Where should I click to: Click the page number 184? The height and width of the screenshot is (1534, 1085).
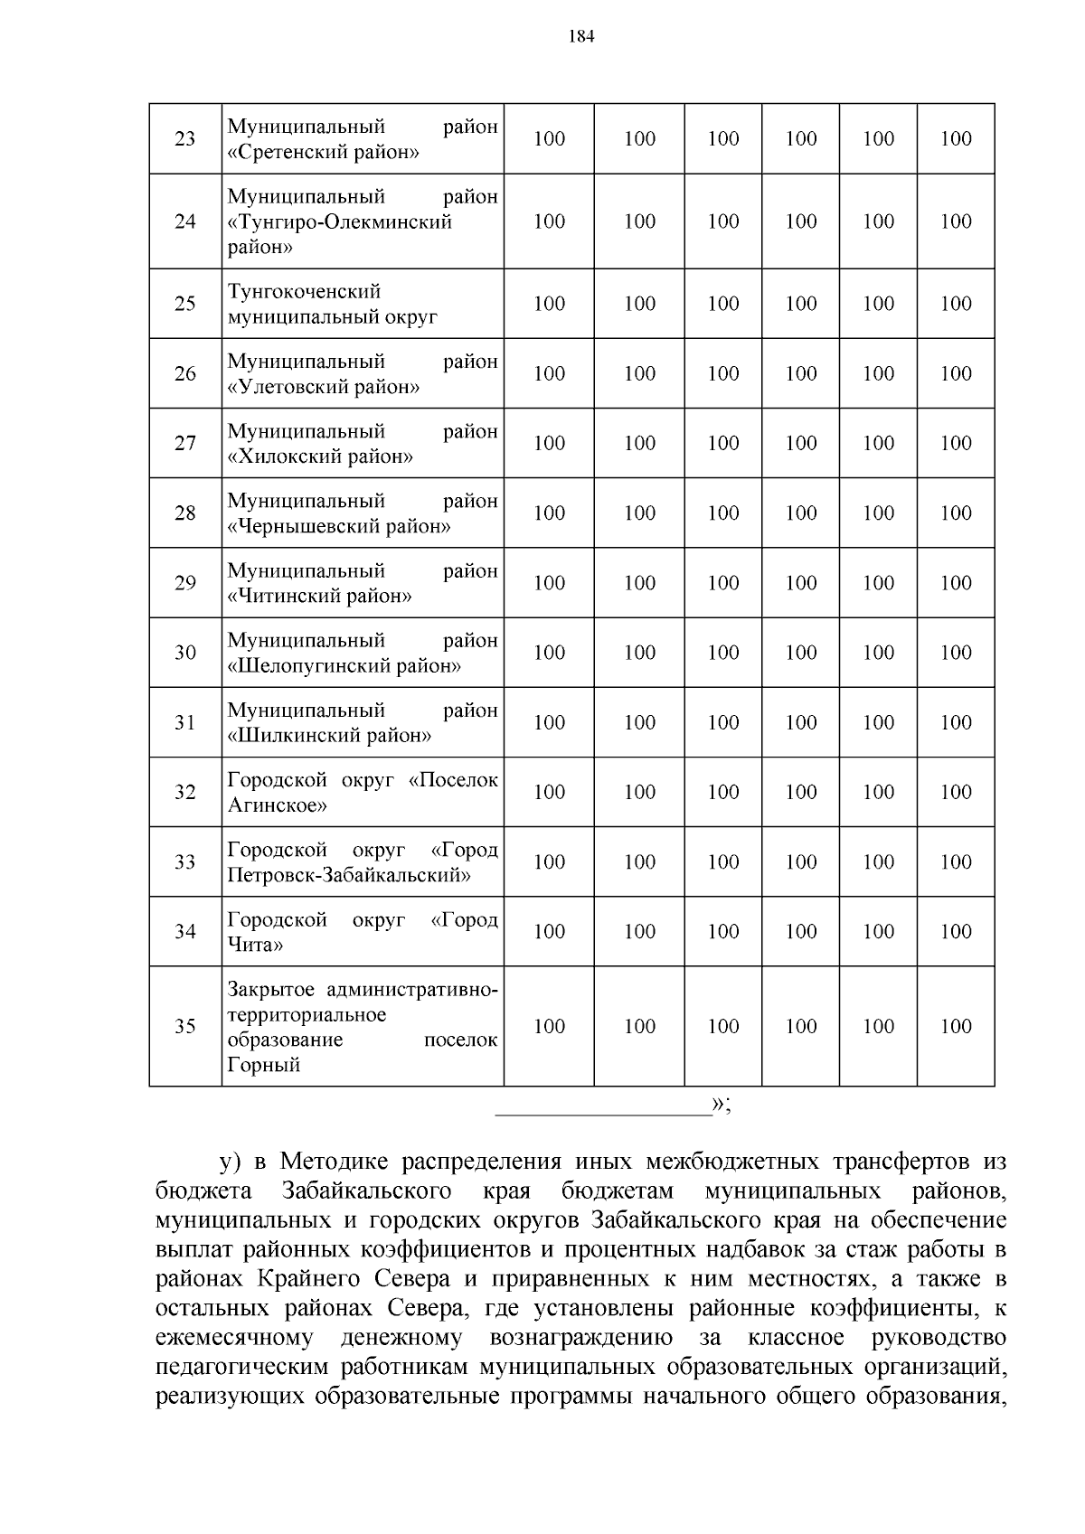(x=581, y=37)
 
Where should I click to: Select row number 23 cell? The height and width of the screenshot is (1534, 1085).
(x=184, y=139)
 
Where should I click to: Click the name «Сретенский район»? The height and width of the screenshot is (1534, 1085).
(x=323, y=152)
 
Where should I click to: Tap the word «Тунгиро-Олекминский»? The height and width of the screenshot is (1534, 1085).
(x=339, y=221)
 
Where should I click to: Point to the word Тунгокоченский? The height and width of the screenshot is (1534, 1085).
(x=304, y=291)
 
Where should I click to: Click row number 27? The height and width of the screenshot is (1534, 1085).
(x=184, y=444)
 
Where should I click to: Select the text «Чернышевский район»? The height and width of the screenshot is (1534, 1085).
(x=339, y=526)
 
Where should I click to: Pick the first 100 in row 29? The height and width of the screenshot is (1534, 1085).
(x=549, y=583)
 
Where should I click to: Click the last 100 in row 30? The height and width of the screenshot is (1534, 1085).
(x=956, y=653)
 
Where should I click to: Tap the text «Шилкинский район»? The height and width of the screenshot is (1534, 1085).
(x=329, y=736)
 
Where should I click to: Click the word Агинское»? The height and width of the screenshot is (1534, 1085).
(x=278, y=805)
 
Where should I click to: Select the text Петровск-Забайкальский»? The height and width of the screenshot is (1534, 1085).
(x=349, y=875)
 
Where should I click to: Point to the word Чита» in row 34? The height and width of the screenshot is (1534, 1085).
(x=255, y=945)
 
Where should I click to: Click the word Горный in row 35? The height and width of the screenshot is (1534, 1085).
(x=263, y=1065)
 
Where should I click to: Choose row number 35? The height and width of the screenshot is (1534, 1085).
(x=184, y=1027)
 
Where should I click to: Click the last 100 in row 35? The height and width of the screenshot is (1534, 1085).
(x=956, y=1027)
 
